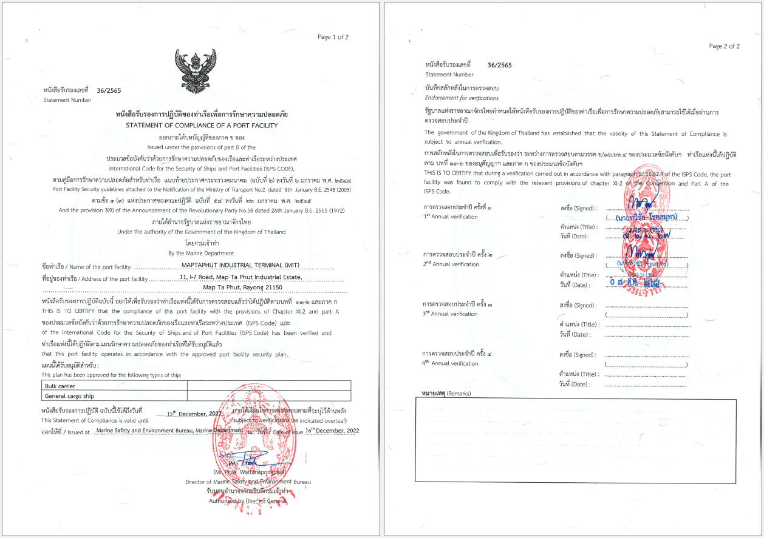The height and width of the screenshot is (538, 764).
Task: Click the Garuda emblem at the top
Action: pos(195,71)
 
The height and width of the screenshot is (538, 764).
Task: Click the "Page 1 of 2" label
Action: pos(333,37)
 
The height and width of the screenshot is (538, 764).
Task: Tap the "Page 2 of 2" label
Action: pos(724,46)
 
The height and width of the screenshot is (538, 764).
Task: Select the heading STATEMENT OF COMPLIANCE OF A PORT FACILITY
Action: pos(202,125)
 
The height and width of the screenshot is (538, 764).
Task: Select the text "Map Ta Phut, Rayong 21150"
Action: pos(242,287)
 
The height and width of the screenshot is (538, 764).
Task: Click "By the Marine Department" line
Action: pos(201,253)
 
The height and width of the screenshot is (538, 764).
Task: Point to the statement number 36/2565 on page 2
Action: pos(499,65)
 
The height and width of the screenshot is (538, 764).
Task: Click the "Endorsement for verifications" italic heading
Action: pos(462,98)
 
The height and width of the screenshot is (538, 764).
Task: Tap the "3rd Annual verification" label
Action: pos(451,314)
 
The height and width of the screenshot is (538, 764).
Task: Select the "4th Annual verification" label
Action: pos(451,363)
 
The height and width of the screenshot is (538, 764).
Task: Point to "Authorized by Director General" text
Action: pos(248,501)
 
